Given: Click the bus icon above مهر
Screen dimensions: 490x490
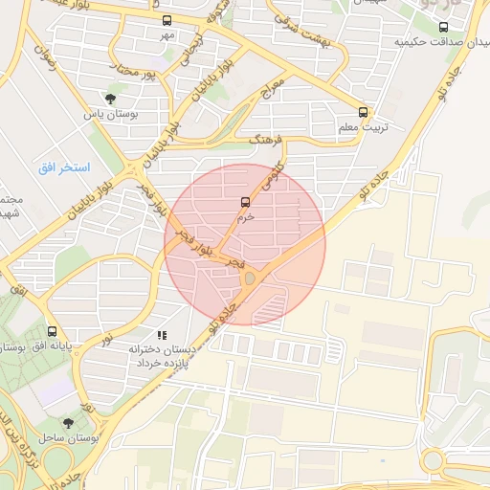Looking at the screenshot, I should (x=167, y=20).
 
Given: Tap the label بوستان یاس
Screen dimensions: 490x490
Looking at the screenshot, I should (x=110, y=114).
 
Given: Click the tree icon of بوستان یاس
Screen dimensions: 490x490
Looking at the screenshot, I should (x=111, y=98).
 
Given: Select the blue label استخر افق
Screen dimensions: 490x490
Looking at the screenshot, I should (x=64, y=167).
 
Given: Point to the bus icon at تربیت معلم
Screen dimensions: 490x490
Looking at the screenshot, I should (x=362, y=110).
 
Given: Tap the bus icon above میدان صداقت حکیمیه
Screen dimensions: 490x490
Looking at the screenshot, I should (x=442, y=28).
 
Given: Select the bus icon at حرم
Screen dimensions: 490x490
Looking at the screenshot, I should (x=246, y=202).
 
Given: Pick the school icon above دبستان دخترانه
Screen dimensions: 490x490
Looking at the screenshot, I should (x=163, y=335).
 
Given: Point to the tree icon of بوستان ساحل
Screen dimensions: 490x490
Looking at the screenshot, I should (x=67, y=422).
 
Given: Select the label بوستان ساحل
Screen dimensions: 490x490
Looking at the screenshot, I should (x=65, y=437).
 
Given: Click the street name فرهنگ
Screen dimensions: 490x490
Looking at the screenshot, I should (x=267, y=142).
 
